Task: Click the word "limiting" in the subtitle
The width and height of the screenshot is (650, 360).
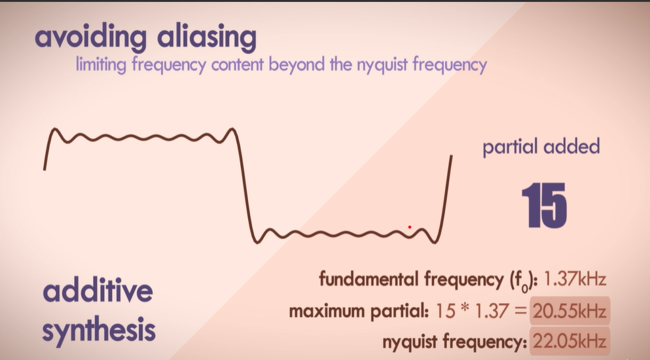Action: [x=98, y=65]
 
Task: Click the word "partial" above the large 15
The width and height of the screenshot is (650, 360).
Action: [x=508, y=147]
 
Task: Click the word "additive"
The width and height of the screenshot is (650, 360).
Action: [x=98, y=291]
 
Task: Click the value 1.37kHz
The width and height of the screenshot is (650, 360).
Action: [x=576, y=280]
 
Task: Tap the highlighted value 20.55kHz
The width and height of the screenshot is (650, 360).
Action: [x=569, y=311]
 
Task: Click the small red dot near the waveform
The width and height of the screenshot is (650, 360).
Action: [x=410, y=227]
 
